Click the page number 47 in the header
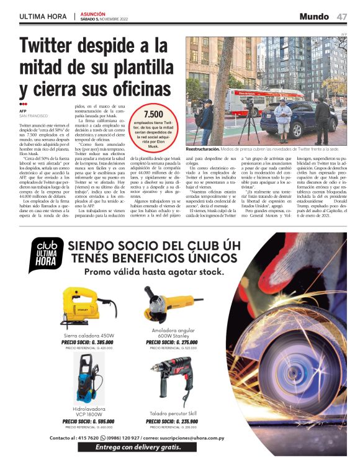click(342, 16)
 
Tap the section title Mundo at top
click(313, 16)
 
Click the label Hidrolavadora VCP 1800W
click(88, 412)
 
